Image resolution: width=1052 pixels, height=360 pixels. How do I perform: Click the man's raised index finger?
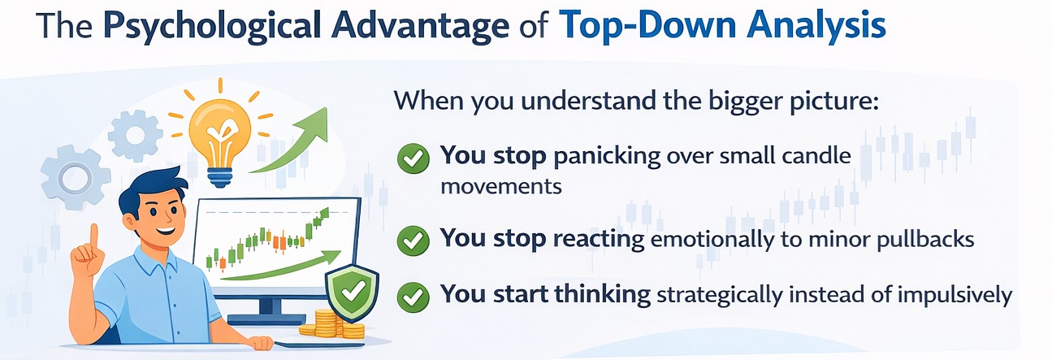click(93, 237)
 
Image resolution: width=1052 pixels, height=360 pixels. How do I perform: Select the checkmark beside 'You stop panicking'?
click(413, 159)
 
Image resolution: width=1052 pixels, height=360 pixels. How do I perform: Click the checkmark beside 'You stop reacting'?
click(413, 241)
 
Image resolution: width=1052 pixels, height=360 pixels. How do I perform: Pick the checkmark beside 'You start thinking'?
click(413, 297)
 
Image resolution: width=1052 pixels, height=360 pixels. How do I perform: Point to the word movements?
click(501, 186)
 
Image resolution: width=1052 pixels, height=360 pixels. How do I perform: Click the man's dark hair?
click(154, 188)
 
